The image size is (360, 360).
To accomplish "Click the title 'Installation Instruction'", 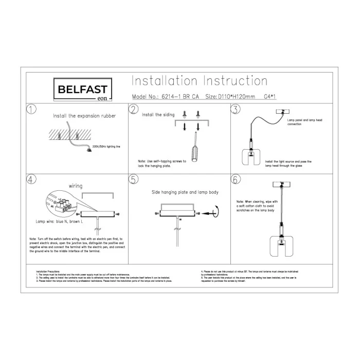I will tap(200, 81).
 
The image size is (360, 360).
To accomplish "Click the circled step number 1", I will tap(32, 110).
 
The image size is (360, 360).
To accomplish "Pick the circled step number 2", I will tap(134, 110).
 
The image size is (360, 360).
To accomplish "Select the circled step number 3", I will tap(236, 110).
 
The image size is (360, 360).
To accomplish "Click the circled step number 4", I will tap(32, 179).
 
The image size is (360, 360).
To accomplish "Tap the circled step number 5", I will tap(134, 179).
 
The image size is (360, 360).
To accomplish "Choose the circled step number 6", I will tap(236, 179).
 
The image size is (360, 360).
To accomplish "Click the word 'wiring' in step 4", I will tap(76, 186).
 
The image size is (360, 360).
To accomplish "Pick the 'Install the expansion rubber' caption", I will tap(84, 116).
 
